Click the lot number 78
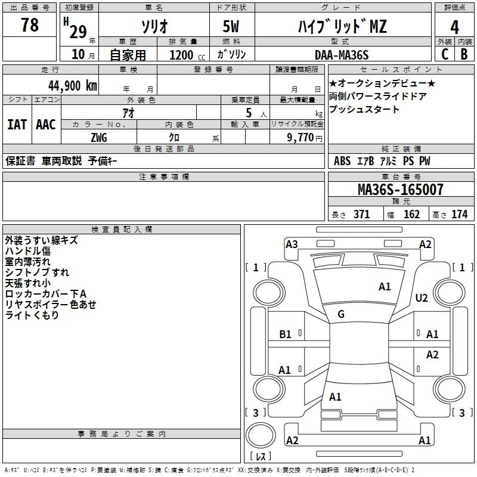[x=30, y=24]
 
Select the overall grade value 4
[x=454, y=27]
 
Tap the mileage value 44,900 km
[x=73, y=86]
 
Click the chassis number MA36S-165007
[x=401, y=189]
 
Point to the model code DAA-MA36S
[x=342, y=55]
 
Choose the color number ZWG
[x=99, y=138]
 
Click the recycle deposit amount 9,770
[x=301, y=138]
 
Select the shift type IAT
[x=17, y=125]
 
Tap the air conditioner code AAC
[x=46, y=125]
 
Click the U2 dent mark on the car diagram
[x=422, y=298]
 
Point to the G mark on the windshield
[x=341, y=314]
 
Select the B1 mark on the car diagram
[x=285, y=334]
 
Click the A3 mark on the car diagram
[x=292, y=244]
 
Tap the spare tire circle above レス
[x=261, y=435]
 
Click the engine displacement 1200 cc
[x=187, y=55]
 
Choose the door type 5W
[x=231, y=26]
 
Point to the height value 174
[x=459, y=214]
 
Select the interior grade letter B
[x=464, y=54]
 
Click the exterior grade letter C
[x=445, y=54]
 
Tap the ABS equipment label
[x=342, y=161]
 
